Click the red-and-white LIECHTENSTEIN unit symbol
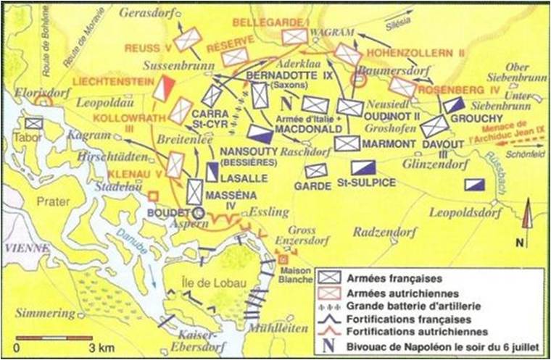[165, 88]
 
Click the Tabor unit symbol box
[33, 124]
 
